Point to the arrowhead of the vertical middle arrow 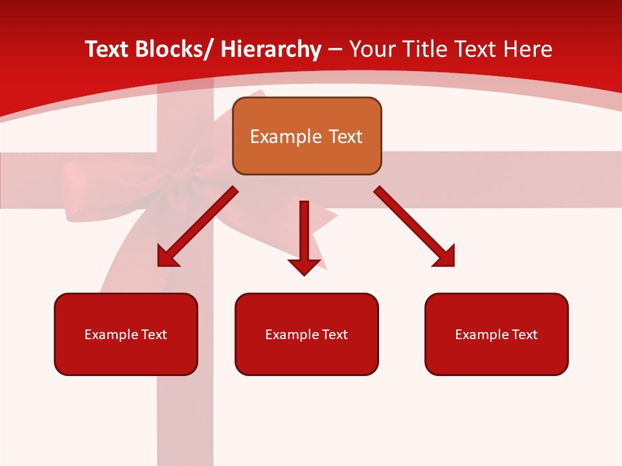(x=304, y=265)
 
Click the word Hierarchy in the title (x=270, y=50)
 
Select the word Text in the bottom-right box (x=524, y=335)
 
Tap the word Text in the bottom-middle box (x=334, y=335)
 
